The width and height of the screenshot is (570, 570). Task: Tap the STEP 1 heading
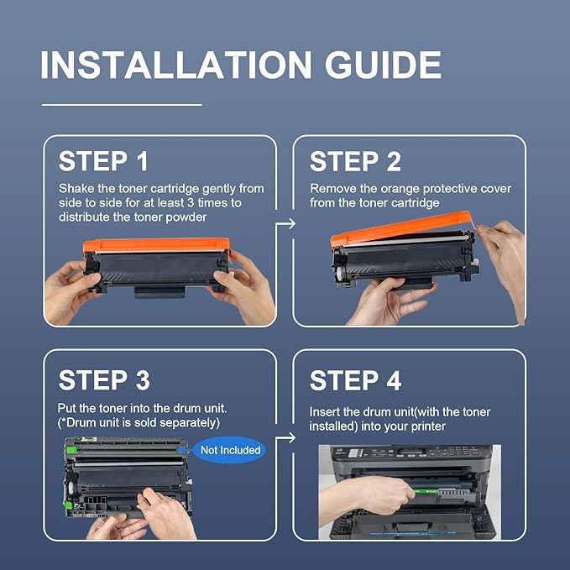[105, 161]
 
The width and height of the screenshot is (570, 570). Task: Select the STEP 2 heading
[355, 161]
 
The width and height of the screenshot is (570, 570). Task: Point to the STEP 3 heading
[105, 379]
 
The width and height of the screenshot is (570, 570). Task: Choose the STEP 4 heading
[355, 379]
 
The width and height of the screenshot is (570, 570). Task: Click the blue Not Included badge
[230, 450]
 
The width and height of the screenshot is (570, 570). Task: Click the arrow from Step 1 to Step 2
[285, 223]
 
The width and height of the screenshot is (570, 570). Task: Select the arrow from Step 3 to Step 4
[285, 437]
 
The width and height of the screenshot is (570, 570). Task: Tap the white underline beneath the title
[122, 105]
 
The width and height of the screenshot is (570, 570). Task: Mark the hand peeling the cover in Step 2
[504, 252]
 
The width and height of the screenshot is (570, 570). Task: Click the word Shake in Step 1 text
[76, 189]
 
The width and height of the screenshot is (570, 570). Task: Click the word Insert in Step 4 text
[327, 411]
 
